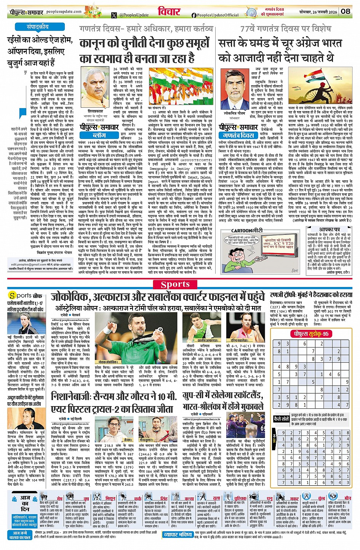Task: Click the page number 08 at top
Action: click(x=346, y=11)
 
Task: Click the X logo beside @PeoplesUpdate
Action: click(x=114, y=15)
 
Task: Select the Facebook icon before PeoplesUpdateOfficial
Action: click(x=194, y=15)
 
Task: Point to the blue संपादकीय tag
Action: click(x=37, y=27)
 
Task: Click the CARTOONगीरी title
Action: click(x=246, y=230)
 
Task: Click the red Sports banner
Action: click(x=175, y=284)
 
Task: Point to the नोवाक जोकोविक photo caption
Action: click(x=107, y=362)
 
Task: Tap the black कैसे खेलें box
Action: click(x=282, y=419)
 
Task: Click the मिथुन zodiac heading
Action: click(x=110, y=498)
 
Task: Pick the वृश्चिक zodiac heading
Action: click(x=240, y=498)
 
